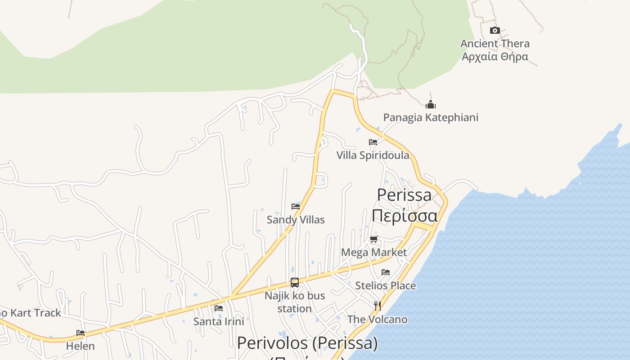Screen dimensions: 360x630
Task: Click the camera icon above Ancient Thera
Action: [495, 31]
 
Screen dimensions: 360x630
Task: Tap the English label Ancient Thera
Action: [495, 44]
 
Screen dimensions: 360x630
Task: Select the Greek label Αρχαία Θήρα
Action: [495, 57]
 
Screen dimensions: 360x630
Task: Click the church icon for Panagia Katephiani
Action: [431, 105]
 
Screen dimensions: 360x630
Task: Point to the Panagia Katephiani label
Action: [431, 117]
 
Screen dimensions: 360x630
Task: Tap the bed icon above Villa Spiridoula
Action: [373, 142]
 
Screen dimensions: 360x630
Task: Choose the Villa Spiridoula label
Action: [373, 155]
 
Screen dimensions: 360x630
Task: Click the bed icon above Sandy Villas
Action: [296, 207]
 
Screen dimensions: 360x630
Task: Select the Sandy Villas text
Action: [296, 220]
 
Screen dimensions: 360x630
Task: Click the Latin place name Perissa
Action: [404, 195]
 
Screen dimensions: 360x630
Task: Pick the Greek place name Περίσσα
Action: [404, 216]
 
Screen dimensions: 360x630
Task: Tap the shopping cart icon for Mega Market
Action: [373, 239]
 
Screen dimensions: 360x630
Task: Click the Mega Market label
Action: [373, 252]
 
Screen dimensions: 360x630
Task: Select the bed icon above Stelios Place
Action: [386, 272]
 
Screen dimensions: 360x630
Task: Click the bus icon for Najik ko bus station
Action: [295, 283]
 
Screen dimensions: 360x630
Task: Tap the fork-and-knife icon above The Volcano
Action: [378, 306]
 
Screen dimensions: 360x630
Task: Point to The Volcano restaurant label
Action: [378, 319]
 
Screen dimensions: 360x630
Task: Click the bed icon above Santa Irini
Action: [219, 308]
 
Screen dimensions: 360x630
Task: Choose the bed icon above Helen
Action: [81, 333]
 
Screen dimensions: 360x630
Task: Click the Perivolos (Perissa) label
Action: [307, 343]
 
